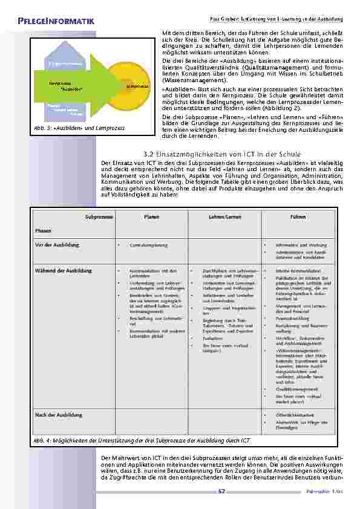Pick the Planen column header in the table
pos(151,216)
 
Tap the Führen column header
pos(298,216)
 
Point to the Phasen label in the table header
pos(43,231)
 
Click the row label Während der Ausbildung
pos(64,270)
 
